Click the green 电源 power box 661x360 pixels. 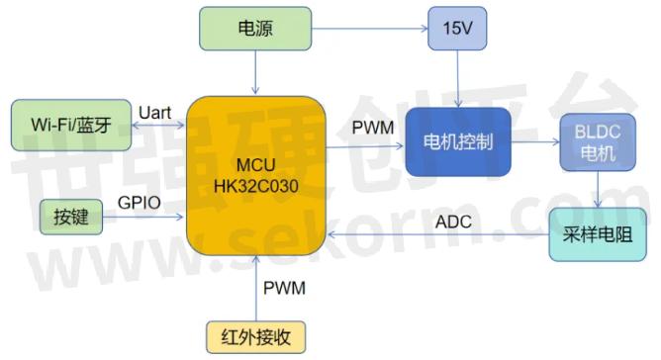pos(255,29)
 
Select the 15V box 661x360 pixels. pos(457,29)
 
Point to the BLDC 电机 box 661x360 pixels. pos(596,144)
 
